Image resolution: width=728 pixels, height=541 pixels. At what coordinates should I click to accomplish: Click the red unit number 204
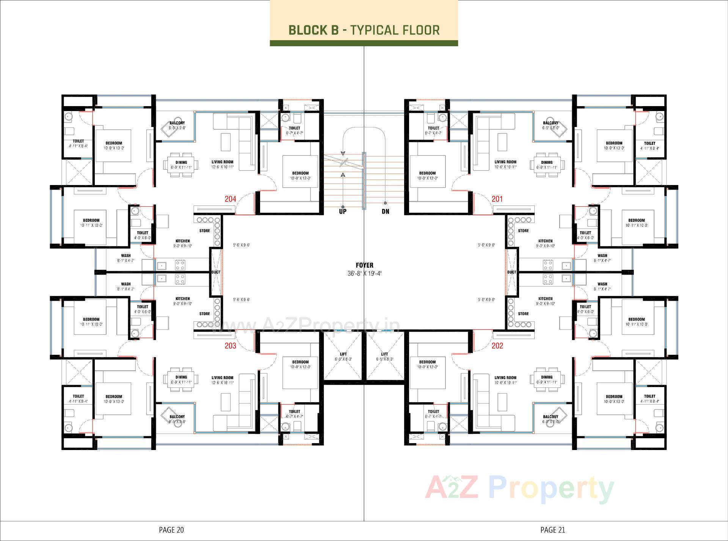coord(230,199)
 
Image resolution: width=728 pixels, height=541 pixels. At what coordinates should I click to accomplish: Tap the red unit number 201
coord(497,199)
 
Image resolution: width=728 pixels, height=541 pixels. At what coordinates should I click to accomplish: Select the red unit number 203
coord(230,346)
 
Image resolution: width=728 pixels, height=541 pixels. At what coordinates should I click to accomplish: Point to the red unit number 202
coord(497,346)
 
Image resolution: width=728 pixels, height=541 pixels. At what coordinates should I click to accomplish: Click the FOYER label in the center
coord(364,265)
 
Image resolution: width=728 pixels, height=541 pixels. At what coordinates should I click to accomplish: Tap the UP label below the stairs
coord(342,212)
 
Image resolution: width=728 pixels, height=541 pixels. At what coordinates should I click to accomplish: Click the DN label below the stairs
coord(385,212)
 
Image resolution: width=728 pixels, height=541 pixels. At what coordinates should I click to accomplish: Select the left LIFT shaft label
coord(343,354)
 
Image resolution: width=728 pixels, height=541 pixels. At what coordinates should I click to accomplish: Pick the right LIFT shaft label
coord(384,354)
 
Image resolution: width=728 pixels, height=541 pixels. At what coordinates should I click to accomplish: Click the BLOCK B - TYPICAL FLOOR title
coord(364,30)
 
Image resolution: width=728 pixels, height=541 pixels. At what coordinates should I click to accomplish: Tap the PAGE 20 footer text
coord(171,530)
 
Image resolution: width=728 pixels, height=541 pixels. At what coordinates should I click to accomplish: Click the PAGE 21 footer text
coord(552,530)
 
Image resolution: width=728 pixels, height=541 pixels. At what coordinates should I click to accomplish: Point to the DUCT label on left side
coord(216,272)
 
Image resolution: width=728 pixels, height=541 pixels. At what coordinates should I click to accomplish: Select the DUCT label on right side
coord(511,272)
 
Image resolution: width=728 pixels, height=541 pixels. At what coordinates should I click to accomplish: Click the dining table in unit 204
coord(181,165)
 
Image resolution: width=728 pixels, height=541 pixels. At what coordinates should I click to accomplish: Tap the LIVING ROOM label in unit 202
coord(505,378)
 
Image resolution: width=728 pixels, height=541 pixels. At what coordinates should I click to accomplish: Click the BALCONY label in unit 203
coord(177,417)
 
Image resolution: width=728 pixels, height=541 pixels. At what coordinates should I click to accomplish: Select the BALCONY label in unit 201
coord(551,123)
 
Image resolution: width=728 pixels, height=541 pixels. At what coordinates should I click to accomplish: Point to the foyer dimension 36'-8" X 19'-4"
coord(364,273)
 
